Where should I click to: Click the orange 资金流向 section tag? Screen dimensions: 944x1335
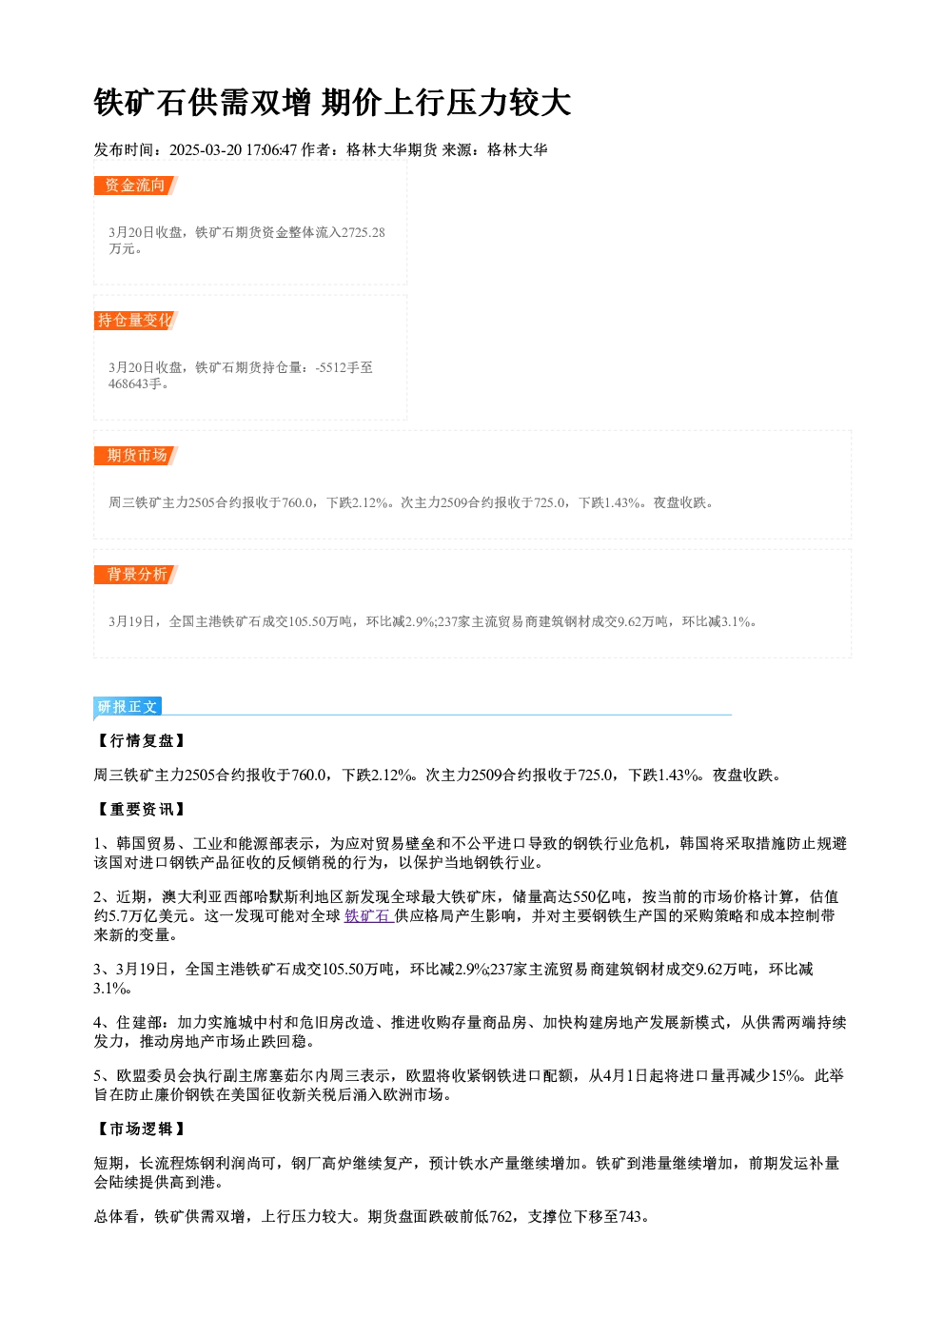135,186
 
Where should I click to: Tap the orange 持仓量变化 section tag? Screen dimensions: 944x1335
135,321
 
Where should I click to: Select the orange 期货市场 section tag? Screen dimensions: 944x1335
135,456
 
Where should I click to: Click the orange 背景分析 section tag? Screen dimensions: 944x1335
135,575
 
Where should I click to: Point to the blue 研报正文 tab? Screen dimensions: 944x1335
128,707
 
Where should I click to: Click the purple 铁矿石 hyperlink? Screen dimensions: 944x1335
367,916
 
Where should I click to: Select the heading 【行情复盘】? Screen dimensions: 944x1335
141,741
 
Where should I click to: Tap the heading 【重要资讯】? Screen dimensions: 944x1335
141,810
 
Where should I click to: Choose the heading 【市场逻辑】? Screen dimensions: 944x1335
141,1129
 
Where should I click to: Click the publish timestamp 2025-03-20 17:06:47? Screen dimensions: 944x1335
233,150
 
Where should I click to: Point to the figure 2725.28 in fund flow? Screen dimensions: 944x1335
363,232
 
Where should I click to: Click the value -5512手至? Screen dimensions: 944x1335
344,367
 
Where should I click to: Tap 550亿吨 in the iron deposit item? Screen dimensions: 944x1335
599,897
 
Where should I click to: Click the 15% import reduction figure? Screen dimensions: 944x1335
785,1076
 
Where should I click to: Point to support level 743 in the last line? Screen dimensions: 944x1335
631,1216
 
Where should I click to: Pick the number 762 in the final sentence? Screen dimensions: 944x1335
501,1216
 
